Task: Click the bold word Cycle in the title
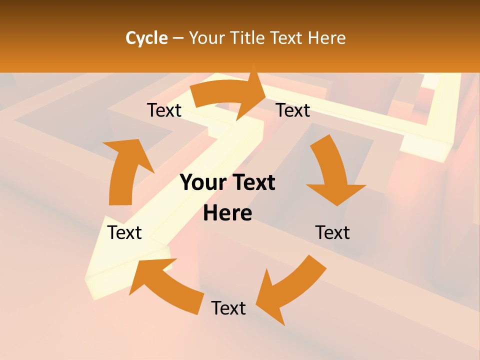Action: click(x=146, y=38)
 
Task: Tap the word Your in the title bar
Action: click(x=207, y=38)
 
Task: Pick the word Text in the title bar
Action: click(x=287, y=38)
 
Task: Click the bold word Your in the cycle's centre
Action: click(x=199, y=183)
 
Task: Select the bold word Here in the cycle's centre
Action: click(x=227, y=213)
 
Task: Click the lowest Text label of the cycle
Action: click(x=228, y=308)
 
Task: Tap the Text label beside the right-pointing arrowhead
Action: click(x=293, y=110)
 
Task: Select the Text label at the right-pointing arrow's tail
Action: click(x=164, y=110)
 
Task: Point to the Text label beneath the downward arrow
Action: click(x=332, y=232)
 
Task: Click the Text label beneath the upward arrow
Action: click(x=124, y=232)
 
